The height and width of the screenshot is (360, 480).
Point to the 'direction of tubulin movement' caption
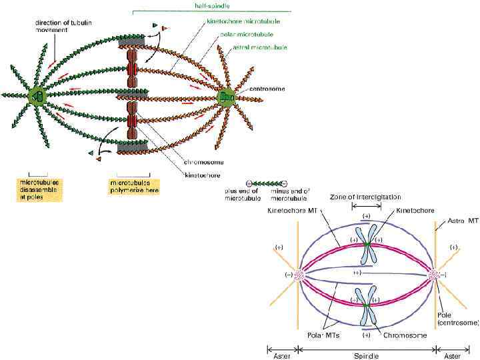pos(64,26)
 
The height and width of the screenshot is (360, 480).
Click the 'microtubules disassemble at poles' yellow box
pos(39,189)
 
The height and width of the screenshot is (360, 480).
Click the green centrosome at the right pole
pos(227,97)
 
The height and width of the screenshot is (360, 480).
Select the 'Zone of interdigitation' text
pos(365,197)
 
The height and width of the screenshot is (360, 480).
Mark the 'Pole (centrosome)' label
pos(458,318)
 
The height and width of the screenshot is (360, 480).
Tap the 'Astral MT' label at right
pos(462,220)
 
